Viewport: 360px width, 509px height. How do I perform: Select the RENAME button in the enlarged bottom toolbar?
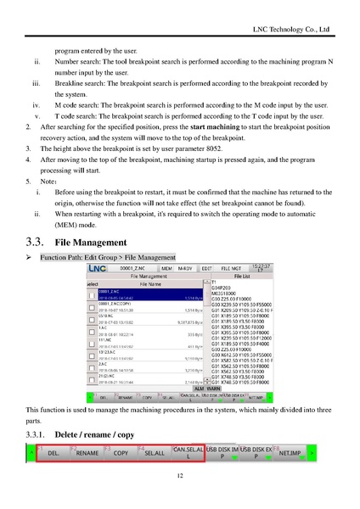point(87,454)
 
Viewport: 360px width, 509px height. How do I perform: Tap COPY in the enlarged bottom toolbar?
point(121,454)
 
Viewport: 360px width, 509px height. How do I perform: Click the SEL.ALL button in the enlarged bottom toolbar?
point(155,454)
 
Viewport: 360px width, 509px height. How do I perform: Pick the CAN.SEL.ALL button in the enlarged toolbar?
point(188,451)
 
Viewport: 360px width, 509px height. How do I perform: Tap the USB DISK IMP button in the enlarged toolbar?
point(223,451)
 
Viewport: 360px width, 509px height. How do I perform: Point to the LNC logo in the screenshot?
point(103,267)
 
